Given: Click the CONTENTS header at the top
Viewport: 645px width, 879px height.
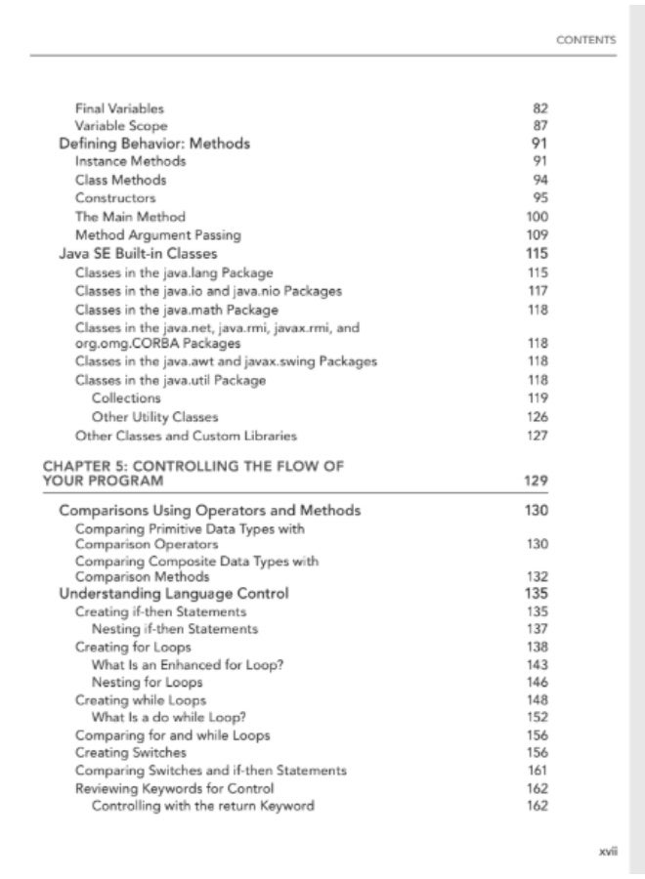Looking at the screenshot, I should click(585, 40).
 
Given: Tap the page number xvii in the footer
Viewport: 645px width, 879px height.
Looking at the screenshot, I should click(607, 852).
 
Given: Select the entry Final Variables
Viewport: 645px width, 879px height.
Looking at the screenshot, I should click(119, 107).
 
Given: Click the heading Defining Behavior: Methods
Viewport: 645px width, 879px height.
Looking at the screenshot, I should click(154, 144).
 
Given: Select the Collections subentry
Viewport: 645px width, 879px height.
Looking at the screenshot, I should click(126, 398).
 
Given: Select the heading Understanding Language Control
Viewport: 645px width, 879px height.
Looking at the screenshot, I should click(174, 593).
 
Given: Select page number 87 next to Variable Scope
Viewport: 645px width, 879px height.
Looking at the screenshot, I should click(538, 126).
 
